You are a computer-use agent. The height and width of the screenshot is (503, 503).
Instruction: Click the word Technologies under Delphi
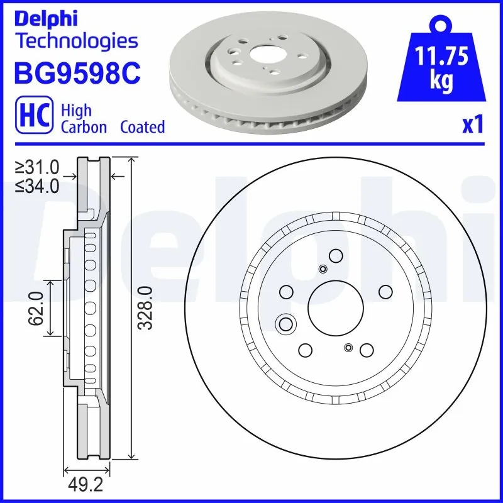[x=76, y=41]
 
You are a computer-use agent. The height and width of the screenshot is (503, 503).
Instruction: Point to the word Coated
[x=143, y=126]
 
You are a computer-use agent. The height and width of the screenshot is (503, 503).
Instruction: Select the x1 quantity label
[x=472, y=126]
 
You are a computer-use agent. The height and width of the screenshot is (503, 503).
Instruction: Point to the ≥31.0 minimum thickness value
[x=38, y=167]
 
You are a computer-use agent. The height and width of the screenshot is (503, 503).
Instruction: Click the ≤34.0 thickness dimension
[x=38, y=185]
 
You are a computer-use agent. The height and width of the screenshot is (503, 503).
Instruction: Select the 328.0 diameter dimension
[x=145, y=307]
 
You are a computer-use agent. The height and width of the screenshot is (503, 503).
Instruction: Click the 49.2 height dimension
[x=87, y=486]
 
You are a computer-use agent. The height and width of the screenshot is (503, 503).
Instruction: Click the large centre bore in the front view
[x=335, y=308]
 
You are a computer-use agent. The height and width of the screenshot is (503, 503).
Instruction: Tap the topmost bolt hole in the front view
[x=335, y=255]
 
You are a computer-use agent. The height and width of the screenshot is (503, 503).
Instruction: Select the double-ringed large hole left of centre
[x=286, y=324]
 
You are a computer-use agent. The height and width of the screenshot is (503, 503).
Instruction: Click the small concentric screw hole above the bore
[x=323, y=270]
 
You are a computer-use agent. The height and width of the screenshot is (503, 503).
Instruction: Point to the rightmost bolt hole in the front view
[x=385, y=292]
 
